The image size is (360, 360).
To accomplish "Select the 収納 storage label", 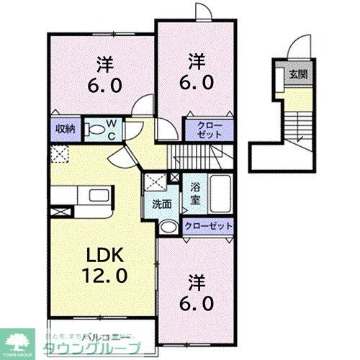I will point(65,129).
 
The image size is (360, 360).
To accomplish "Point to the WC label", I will point(114,129).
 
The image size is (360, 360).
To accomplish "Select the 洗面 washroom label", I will point(161,204).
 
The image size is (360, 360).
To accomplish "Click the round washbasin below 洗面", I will point(168,227).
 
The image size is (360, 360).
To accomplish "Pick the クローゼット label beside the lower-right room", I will point(209,226).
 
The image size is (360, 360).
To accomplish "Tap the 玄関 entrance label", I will point(297,74).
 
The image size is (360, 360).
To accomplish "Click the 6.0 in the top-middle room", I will point(195,81).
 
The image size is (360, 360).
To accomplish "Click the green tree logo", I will point(22,339).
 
